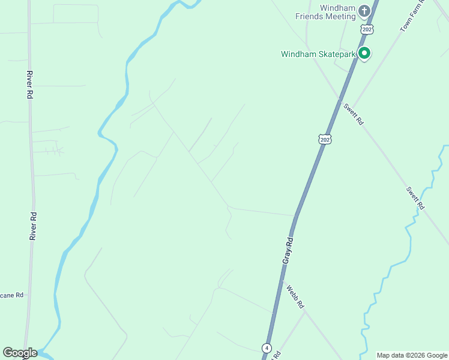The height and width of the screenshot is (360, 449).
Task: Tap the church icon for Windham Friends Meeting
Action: (x=364, y=11)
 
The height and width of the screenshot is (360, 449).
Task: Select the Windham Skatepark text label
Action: (x=318, y=54)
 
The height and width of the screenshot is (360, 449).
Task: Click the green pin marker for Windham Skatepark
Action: (x=364, y=53)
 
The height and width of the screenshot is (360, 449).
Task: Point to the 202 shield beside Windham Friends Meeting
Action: (x=367, y=29)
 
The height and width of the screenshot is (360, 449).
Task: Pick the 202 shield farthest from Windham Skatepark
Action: (x=325, y=139)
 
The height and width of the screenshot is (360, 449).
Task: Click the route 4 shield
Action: (x=266, y=348)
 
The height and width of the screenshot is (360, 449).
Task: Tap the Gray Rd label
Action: (x=288, y=251)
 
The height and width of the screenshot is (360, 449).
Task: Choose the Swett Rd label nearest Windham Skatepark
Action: (x=354, y=113)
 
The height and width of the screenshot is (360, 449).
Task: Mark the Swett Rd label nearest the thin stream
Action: (x=415, y=197)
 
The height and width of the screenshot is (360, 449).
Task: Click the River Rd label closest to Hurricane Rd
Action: (x=34, y=226)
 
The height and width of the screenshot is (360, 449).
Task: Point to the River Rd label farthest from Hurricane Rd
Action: (x=29, y=85)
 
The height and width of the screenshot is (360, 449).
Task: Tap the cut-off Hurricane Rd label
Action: (x=11, y=295)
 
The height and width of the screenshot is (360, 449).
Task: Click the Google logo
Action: (x=20, y=353)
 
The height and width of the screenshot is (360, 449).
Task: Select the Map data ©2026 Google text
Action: (x=412, y=355)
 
